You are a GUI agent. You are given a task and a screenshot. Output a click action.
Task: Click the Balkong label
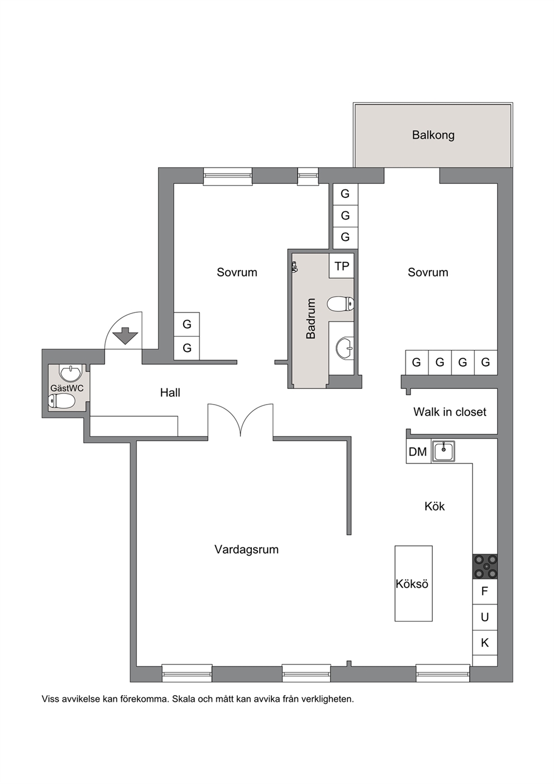[x=433, y=135]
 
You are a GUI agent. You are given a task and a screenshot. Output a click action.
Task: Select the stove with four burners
[x=485, y=566]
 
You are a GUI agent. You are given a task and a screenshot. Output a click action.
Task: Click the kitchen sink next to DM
[x=443, y=451]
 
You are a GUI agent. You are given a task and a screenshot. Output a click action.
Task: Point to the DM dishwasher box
[x=418, y=451]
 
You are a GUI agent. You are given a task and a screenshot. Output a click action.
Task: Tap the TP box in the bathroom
[x=342, y=266]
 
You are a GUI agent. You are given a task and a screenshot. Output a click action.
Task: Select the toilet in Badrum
[x=341, y=304]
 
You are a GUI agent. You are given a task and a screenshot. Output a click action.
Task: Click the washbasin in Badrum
[x=345, y=348]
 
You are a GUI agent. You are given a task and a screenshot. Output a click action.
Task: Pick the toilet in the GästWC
[x=61, y=401]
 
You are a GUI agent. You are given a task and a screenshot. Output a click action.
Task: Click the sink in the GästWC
[x=71, y=372]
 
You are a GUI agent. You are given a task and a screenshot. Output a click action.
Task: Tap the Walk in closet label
[x=450, y=412]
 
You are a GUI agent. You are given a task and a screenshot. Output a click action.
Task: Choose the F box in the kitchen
[x=485, y=592]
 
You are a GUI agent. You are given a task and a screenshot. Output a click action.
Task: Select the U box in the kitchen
[x=485, y=617]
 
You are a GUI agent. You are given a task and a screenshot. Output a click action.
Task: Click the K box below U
[x=485, y=643]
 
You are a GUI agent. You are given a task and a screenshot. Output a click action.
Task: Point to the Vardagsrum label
[x=247, y=549]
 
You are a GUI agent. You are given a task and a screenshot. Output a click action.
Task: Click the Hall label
[x=170, y=393]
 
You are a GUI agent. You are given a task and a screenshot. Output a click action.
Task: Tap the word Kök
[x=434, y=506]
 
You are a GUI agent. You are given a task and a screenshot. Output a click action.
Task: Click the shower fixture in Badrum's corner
[x=295, y=268]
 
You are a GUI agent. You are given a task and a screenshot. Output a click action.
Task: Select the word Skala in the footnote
[x=185, y=699]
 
